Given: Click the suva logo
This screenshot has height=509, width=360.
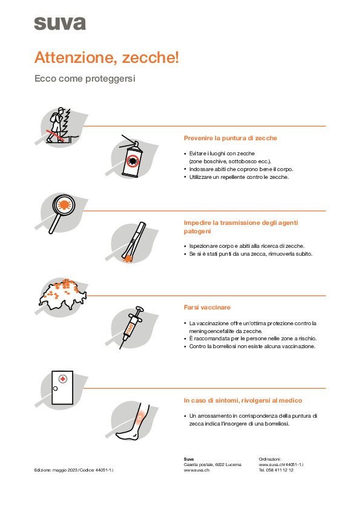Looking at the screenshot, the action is tap(60, 24).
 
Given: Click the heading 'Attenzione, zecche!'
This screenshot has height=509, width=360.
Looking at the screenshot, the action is tap(106, 57).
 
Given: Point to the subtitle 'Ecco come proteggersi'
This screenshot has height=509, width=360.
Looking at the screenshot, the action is tap(85, 79).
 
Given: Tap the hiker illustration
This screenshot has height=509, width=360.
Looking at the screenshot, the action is tap(58, 125).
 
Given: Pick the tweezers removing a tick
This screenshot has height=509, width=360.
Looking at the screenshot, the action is tap(134, 242).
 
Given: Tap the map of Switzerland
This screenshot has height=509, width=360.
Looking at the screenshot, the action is tap(62, 294).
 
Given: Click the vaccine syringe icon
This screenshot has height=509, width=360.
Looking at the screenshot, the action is tap(131, 327).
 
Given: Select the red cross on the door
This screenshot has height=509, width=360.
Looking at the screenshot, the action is tap(63, 378).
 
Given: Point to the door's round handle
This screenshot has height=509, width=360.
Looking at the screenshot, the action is tap(55, 389).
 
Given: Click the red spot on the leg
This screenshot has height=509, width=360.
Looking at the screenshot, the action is tap(140, 418).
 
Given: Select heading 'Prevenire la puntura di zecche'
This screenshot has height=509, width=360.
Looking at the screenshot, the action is tap(231, 138).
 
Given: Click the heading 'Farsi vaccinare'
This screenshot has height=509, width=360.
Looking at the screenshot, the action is tap(207, 307).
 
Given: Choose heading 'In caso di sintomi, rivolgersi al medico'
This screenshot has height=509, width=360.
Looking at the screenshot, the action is tap(243, 400).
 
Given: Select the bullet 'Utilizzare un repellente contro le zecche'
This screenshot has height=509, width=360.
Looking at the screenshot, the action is tap(239, 177).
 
